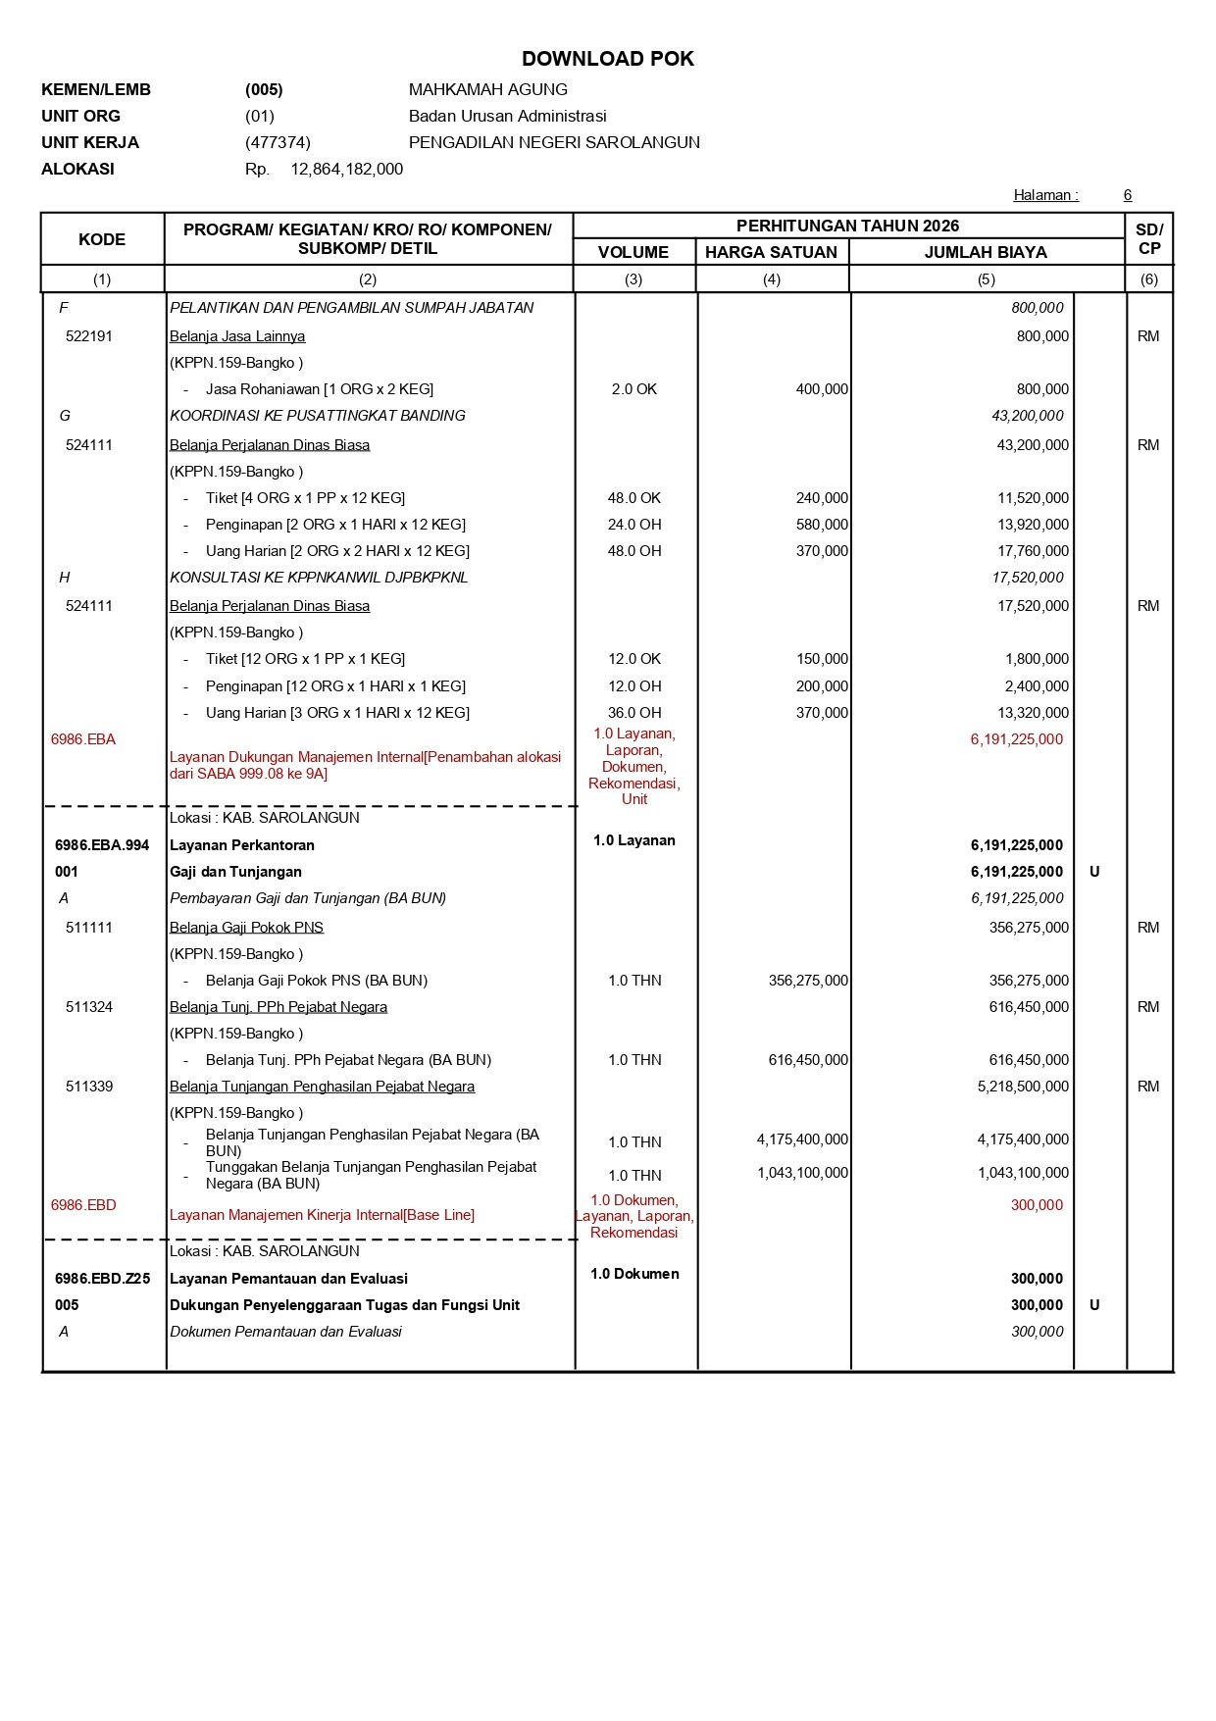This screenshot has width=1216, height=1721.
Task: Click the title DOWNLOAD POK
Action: [x=607, y=59]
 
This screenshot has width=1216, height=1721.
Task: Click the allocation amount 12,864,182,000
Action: [x=346, y=169]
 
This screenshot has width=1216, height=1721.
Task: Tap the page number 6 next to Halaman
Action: [x=1128, y=195]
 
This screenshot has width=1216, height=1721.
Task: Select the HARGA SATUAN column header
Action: [x=771, y=252]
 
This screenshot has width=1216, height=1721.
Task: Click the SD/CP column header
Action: [x=1148, y=239]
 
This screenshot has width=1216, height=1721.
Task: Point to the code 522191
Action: [x=89, y=336]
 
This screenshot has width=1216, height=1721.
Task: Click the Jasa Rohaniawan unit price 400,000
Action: [x=822, y=389]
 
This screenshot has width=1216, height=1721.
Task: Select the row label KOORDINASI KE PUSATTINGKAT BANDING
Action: [x=318, y=416]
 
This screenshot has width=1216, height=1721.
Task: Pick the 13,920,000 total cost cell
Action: [x=1033, y=525]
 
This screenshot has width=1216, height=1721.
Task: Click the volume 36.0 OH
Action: [x=634, y=713]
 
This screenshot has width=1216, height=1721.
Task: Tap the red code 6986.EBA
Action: [x=83, y=739]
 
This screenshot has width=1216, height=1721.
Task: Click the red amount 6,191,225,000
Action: [x=1016, y=739]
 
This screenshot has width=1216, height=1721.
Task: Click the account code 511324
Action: [x=89, y=1007]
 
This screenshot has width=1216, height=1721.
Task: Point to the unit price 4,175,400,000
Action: [x=802, y=1139]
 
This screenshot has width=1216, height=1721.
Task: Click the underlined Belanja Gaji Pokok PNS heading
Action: [x=246, y=928]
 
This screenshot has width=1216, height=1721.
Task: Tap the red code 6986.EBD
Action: [x=83, y=1205]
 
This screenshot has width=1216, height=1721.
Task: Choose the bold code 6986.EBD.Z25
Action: [x=102, y=1279]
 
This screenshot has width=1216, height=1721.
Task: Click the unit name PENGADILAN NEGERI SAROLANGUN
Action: [x=554, y=142]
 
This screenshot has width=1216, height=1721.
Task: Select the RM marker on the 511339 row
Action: [x=1148, y=1087]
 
